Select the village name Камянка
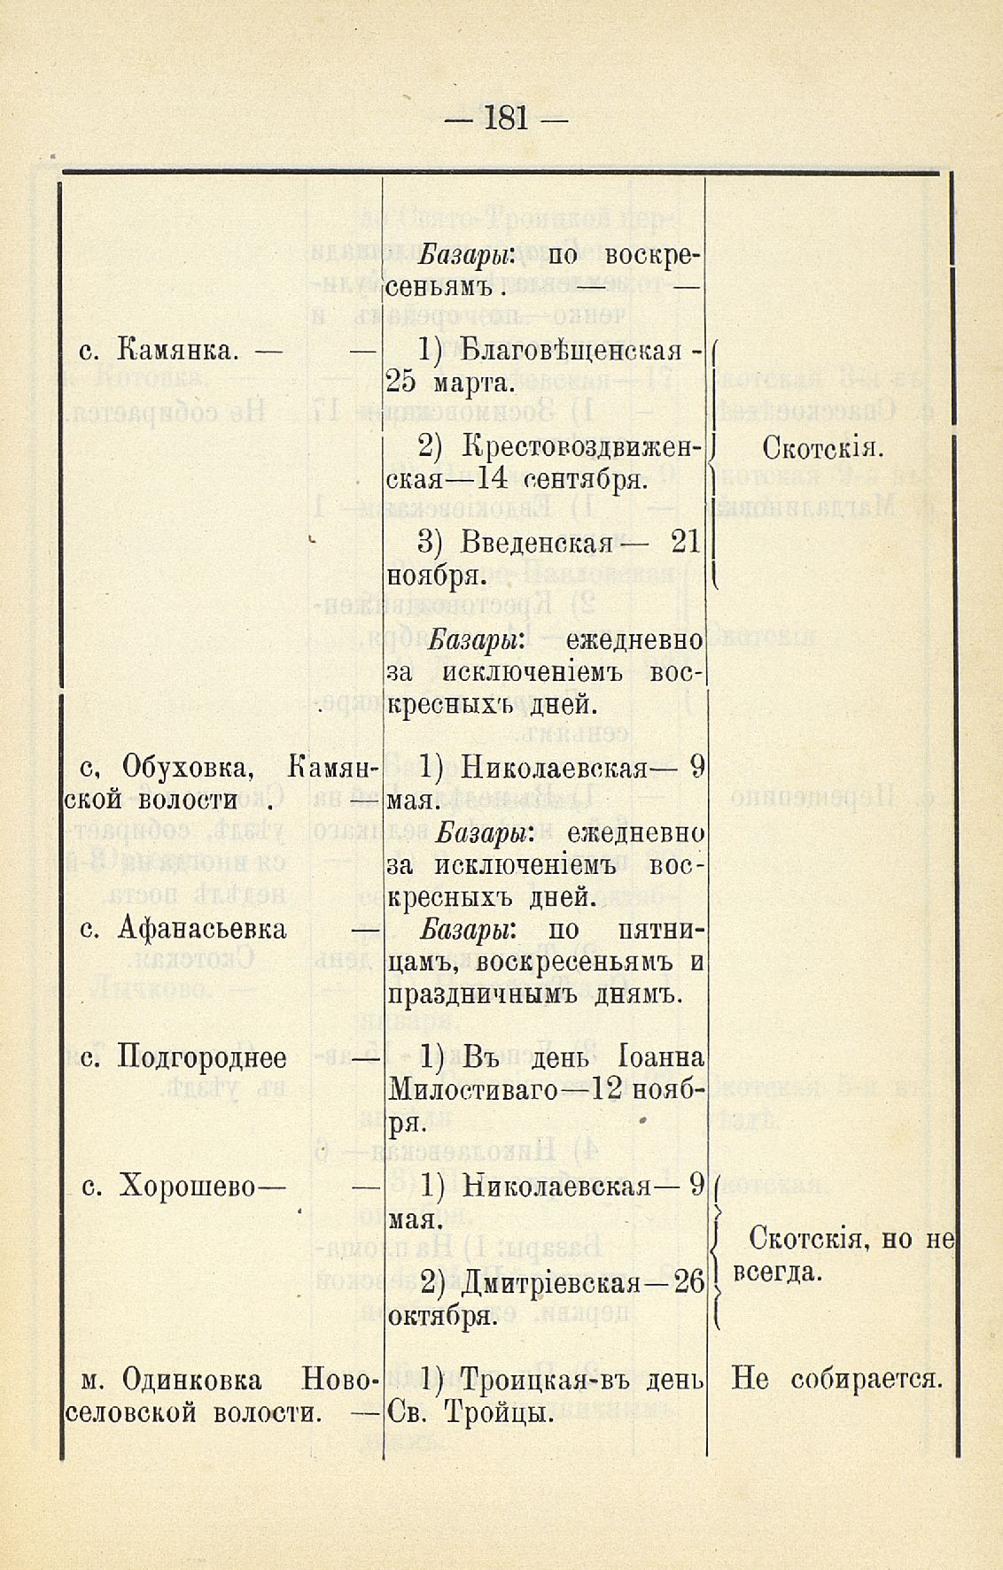tap(177, 351)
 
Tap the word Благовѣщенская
tap(572, 351)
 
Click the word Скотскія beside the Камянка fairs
tap(823, 448)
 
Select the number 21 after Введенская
tap(687, 542)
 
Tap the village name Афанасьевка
tap(202, 928)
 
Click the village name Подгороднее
tap(202, 1057)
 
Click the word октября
tap(441, 1315)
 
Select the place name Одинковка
tap(192, 1380)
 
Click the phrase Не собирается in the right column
tap(836, 1380)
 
